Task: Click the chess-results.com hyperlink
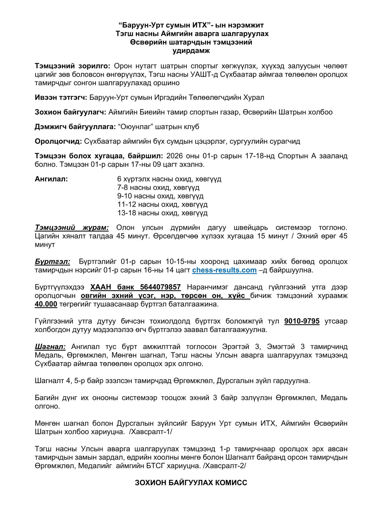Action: coord(224,270)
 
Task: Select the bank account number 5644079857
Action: coord(160,287)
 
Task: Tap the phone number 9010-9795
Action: coord(302,321)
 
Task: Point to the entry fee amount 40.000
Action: coord(46,304)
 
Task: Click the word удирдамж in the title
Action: coord(191,51)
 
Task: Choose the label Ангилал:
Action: coord(51,179)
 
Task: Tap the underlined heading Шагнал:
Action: coord(50,347)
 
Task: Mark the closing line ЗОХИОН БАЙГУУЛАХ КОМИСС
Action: coord(191,482)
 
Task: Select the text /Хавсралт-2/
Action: coord(225,466)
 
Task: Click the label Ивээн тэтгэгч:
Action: coord(61,97)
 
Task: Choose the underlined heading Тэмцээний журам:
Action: coord(72,227)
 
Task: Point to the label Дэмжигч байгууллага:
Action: coord(75,127)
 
